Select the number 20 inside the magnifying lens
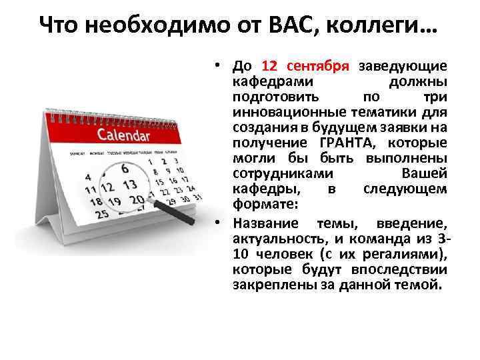pos(137,199)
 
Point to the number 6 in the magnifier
pos(125,169)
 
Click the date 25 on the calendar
pos(103,214)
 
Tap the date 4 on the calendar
pos(89,179)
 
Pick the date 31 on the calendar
pos(197,198)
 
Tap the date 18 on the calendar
pos(96,201)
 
